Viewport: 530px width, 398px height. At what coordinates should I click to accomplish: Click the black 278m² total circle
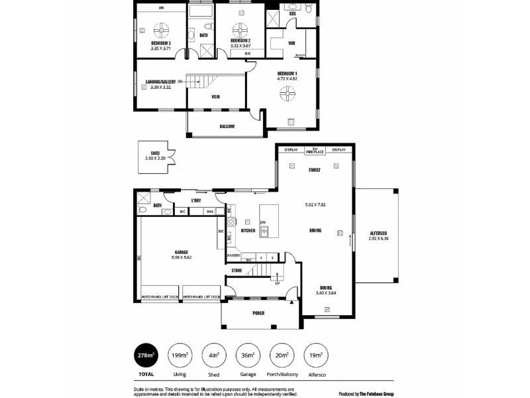tap(146, 356)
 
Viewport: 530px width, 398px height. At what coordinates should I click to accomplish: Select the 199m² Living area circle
tap(180, 356)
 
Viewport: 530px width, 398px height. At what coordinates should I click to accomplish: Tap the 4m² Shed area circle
tap(214, 356)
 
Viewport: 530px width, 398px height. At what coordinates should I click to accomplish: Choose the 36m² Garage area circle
tap(248, 356)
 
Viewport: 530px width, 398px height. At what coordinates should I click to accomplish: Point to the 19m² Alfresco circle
tap(316, 356)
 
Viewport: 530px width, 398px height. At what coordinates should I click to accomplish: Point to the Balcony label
tap(227, 126)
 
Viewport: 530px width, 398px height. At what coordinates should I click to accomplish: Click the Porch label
tap(258, 312)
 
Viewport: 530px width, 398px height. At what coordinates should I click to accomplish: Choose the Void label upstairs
tap(215, 97)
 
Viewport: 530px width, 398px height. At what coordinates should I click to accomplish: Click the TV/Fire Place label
tap(314, 151)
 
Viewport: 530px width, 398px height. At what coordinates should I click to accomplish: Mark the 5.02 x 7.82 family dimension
tap(314, 205)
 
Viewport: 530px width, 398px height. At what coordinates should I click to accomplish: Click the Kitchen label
tap(248, 231)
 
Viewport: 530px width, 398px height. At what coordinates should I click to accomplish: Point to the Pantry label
tap(233, 255)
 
